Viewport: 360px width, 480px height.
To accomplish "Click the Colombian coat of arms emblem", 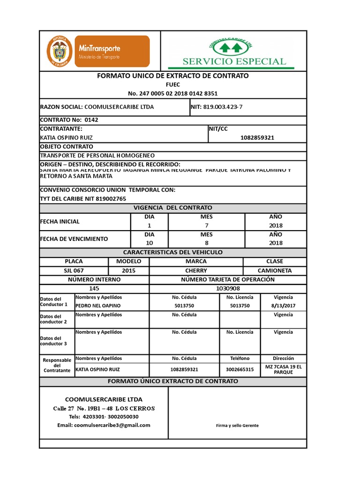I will point(59,51).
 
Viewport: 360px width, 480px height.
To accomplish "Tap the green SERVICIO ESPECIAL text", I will point(234,61).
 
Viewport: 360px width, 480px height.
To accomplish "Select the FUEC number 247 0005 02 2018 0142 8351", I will point(172,93).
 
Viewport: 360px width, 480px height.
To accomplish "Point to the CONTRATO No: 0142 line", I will point(69,120).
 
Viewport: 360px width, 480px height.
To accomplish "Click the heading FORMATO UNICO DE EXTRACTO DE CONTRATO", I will point(172,76).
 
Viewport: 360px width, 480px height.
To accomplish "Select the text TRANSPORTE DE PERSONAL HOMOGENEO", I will point(97,155).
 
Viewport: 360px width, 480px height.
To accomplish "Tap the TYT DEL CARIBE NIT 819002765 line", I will point(83,199).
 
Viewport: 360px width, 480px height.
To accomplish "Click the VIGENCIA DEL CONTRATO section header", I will point(172,208).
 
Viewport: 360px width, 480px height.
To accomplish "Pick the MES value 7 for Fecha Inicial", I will point(206,225).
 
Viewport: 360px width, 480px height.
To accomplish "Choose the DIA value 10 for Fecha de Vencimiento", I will point(149,243).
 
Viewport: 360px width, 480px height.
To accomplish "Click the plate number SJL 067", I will point(74,270).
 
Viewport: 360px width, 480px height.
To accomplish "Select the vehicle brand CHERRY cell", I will point(195,270).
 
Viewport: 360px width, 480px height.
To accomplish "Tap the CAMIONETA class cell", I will point(275,270).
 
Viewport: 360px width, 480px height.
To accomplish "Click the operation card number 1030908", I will point(228,289).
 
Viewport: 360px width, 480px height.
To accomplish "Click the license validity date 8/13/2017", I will point(283,306).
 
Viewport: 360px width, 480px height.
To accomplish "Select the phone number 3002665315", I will point(240,369).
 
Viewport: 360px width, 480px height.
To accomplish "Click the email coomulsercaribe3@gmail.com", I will point(104,425).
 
